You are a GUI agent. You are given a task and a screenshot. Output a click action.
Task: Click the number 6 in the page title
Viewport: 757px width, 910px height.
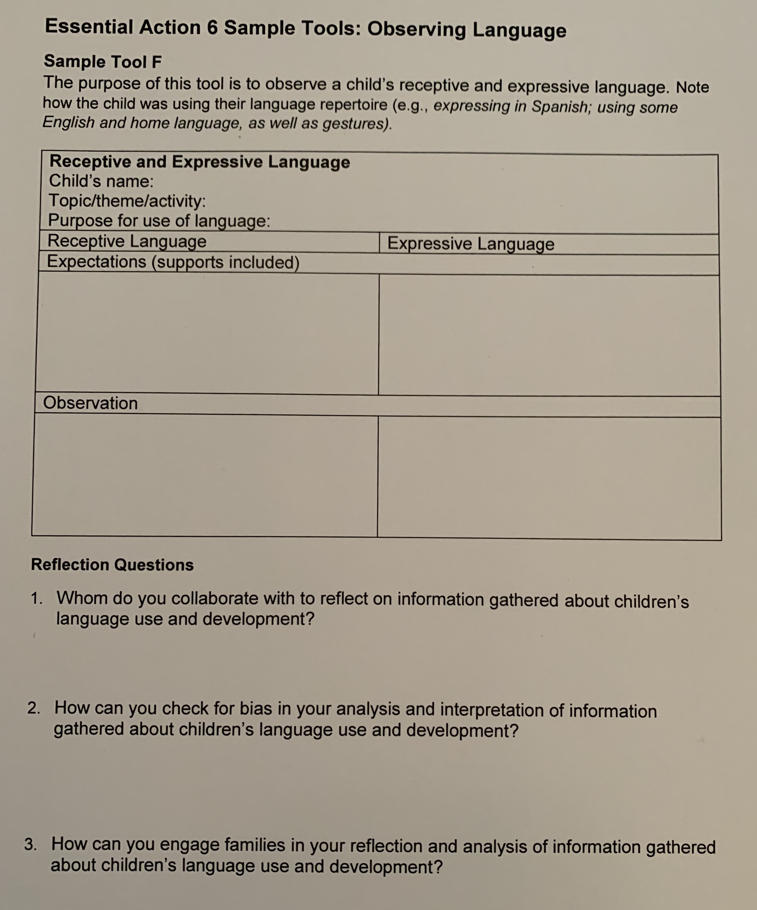(x=212, y=28)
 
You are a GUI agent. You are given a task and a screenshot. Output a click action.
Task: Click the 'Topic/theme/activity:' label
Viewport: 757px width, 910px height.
(x=127, y=201)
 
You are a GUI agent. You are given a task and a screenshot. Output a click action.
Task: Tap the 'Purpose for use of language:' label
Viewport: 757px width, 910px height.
(x=159, y=221)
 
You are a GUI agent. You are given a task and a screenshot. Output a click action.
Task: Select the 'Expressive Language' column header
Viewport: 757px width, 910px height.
(x=471, y=244)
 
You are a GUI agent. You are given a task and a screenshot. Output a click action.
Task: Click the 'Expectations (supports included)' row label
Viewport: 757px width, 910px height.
(x=173, y=262)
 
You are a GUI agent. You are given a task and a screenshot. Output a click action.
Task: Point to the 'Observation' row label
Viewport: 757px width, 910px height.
(x=90, y=403)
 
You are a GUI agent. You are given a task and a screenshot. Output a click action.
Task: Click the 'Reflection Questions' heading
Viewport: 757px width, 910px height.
(x=112, y=565)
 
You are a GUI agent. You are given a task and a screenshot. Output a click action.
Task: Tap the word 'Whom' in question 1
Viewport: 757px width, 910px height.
(x=82, y=599)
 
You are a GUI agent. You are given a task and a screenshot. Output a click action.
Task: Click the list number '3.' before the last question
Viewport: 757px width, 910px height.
(x=31, y=844)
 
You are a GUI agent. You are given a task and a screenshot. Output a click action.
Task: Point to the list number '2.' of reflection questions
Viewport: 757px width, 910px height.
(x=34, y=708)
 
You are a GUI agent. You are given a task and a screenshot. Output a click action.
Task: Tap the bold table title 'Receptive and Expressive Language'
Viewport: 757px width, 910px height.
(x=200, y=162)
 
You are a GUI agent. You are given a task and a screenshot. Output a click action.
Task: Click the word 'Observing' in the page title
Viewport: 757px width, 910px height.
(x=416, y=29)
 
